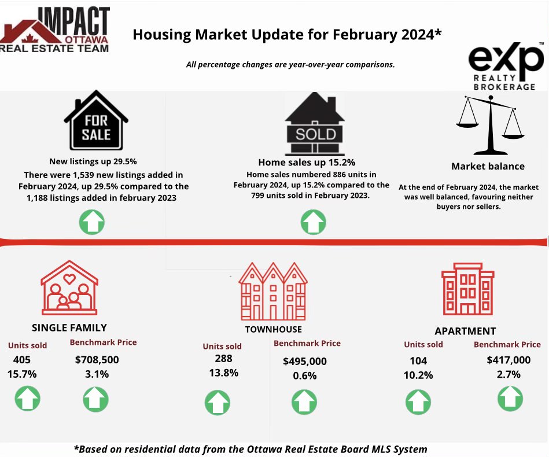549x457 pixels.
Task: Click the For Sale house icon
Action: [x=96, y=120]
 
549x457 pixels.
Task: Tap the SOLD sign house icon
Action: [x=314, y=124]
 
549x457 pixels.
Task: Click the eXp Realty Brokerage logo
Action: [x=506, y=67]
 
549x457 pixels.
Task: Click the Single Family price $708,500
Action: [x=97, y=360]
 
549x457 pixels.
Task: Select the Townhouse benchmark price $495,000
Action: [x=305, y=361]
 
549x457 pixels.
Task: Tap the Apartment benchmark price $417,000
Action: [x=509, y=360]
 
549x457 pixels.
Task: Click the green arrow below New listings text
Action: [x=92, y=222]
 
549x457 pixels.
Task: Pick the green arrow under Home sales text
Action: [x=314, y=222]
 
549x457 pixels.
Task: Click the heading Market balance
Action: [x=488, y=167]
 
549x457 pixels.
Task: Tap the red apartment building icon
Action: [x=468, y=289]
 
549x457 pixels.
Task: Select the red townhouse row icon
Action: [x=272, y=292]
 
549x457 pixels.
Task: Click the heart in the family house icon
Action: [x=69, y=279]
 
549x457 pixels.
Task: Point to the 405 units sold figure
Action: [x=22, y=360]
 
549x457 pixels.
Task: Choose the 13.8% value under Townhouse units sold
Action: [x=224, y=373]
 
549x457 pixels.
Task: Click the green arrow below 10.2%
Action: [x=418, y=402]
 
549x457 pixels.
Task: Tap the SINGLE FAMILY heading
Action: [x=69, y=327]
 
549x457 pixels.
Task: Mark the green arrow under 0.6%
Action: [x=304, y=402]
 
